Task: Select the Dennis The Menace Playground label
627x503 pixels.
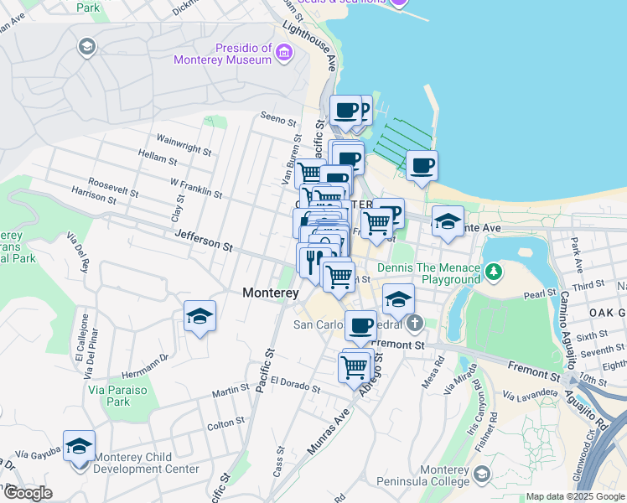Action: pos(428,272)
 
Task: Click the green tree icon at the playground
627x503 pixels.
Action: pos(494,271)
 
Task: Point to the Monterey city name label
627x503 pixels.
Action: pos(271,293)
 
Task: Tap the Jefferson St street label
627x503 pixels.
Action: pos(204,241)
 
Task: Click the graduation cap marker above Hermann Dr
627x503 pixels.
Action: pos(199,316)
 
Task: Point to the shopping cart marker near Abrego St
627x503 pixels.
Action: pos(355,366)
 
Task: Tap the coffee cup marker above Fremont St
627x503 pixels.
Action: pos(360,325)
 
